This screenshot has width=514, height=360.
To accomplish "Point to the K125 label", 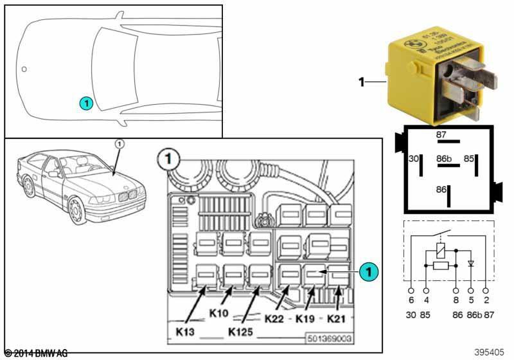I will (242, 333).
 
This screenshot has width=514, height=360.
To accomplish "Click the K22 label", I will (276, 318).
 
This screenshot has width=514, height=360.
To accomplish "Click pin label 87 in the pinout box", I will (441, 134).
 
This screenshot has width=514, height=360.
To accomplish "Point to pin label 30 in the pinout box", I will (413, 157).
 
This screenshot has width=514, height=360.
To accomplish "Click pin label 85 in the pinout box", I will (470, 157).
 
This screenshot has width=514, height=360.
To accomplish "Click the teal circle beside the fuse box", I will (367, 272).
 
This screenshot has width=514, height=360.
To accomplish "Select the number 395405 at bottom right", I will (490, 352).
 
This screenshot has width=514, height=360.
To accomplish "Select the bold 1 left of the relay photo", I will (361, 82).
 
